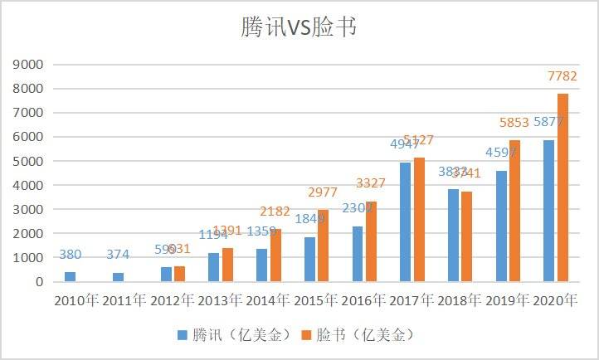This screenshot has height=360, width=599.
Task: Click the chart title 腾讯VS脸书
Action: pyautogui.click(x=299, y=27)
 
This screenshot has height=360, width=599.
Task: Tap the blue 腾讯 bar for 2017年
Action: pyautogui.click(x=406, y=222)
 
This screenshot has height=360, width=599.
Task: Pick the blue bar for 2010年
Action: pyautogui.click(x=70, y=276)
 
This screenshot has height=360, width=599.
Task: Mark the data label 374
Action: pyautogui.click(x=118, y=255)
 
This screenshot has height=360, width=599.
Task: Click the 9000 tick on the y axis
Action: pyautogui.click(x=29, y=64)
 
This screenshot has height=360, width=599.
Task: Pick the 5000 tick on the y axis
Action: pyautogui.click(x=29, y=161)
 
